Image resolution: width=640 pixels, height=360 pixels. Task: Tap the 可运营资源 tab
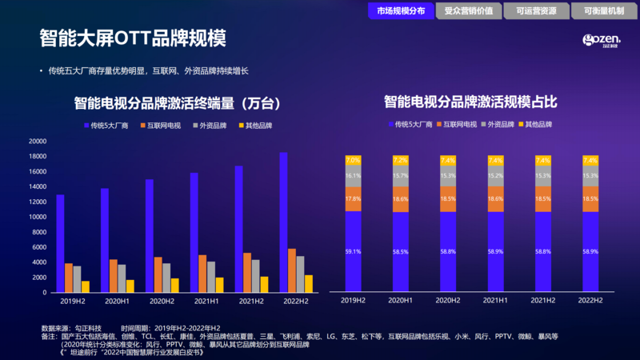(x=536, y=10)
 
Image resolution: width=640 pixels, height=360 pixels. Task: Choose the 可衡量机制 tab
(x=604, y=10)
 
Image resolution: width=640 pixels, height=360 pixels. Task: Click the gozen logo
(x=600, y=42)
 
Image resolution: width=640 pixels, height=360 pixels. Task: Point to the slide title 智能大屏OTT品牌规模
(x=133, y=38)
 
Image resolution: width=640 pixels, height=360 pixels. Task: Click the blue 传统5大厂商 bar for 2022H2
(x=284, y=222)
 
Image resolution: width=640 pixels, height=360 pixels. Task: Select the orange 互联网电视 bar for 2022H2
(x=292, y=270)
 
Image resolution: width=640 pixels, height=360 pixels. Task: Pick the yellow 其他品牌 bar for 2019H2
(x=86, y=286)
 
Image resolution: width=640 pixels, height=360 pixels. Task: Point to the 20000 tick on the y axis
(x=38, y=141)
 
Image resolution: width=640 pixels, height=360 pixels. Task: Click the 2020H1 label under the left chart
(x=116, y=302)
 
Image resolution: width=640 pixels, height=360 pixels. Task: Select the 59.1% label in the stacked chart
(x=353, y=250)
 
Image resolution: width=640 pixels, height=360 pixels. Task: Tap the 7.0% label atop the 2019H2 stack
(x=353, y=160)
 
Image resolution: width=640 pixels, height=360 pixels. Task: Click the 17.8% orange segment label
(x=353, y=199)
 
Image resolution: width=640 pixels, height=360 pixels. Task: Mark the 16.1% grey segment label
(x=353, y=176)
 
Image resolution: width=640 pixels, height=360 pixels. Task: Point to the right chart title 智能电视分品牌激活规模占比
(x=470, y=102)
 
